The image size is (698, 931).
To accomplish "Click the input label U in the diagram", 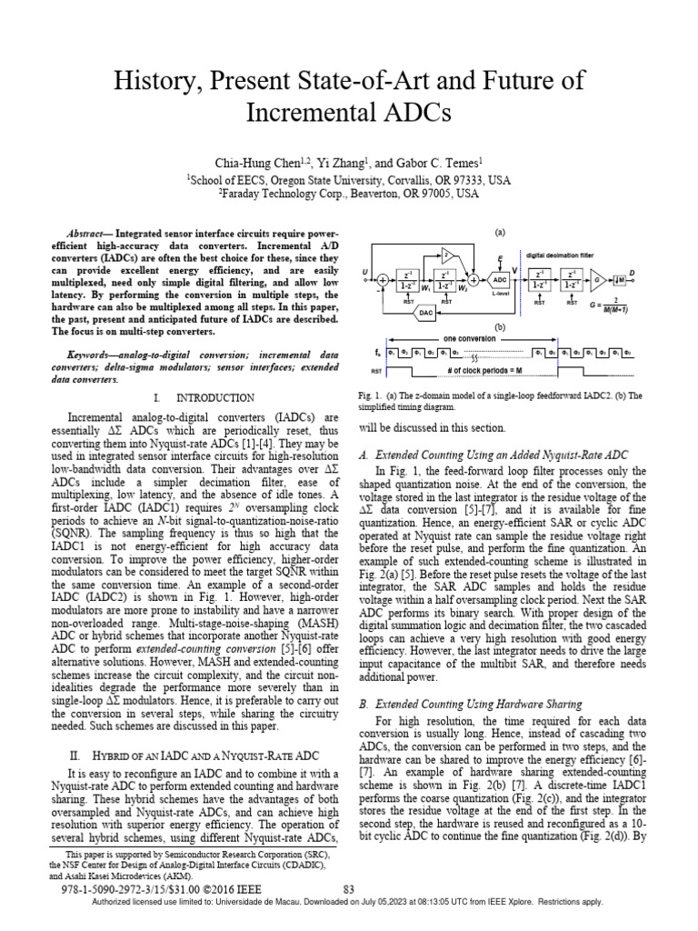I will [x=364, y=271].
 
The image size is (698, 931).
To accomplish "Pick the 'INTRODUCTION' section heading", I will [x=214, y=397].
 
